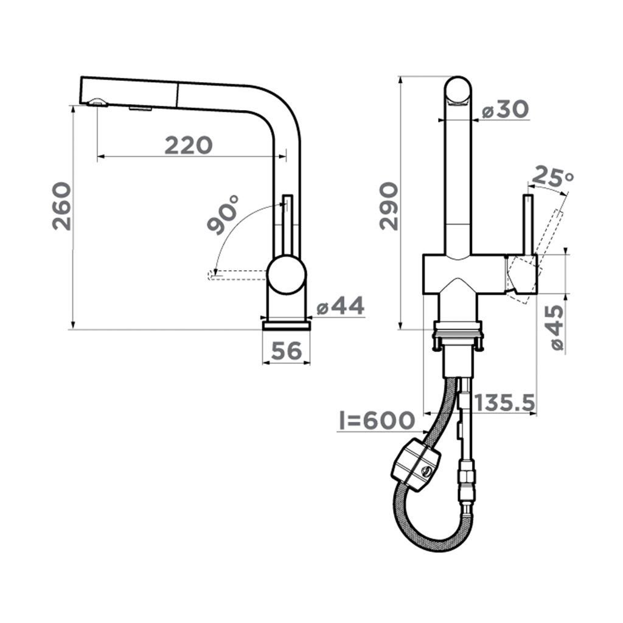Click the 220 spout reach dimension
[189, 145]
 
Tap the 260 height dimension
[62, 206]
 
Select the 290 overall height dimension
[389, 206]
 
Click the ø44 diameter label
[341, 306]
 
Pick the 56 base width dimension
[287, 351]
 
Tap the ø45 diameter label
[554, 328]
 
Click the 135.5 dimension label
[504, 403]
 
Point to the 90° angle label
[223, 215]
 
